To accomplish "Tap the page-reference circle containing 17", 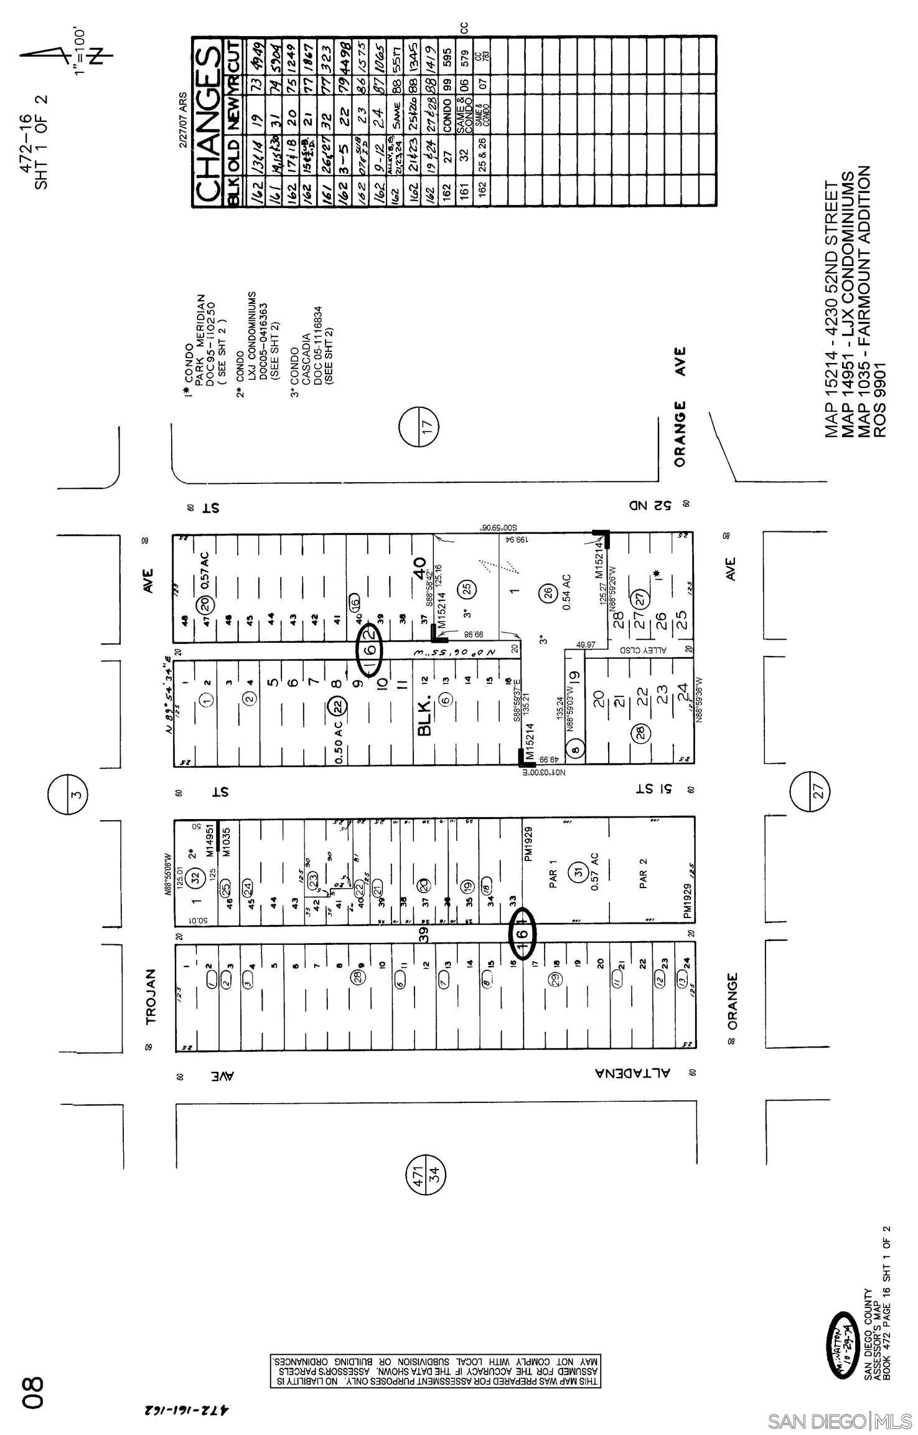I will [419, 427].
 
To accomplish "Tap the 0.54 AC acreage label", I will [565, 591].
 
